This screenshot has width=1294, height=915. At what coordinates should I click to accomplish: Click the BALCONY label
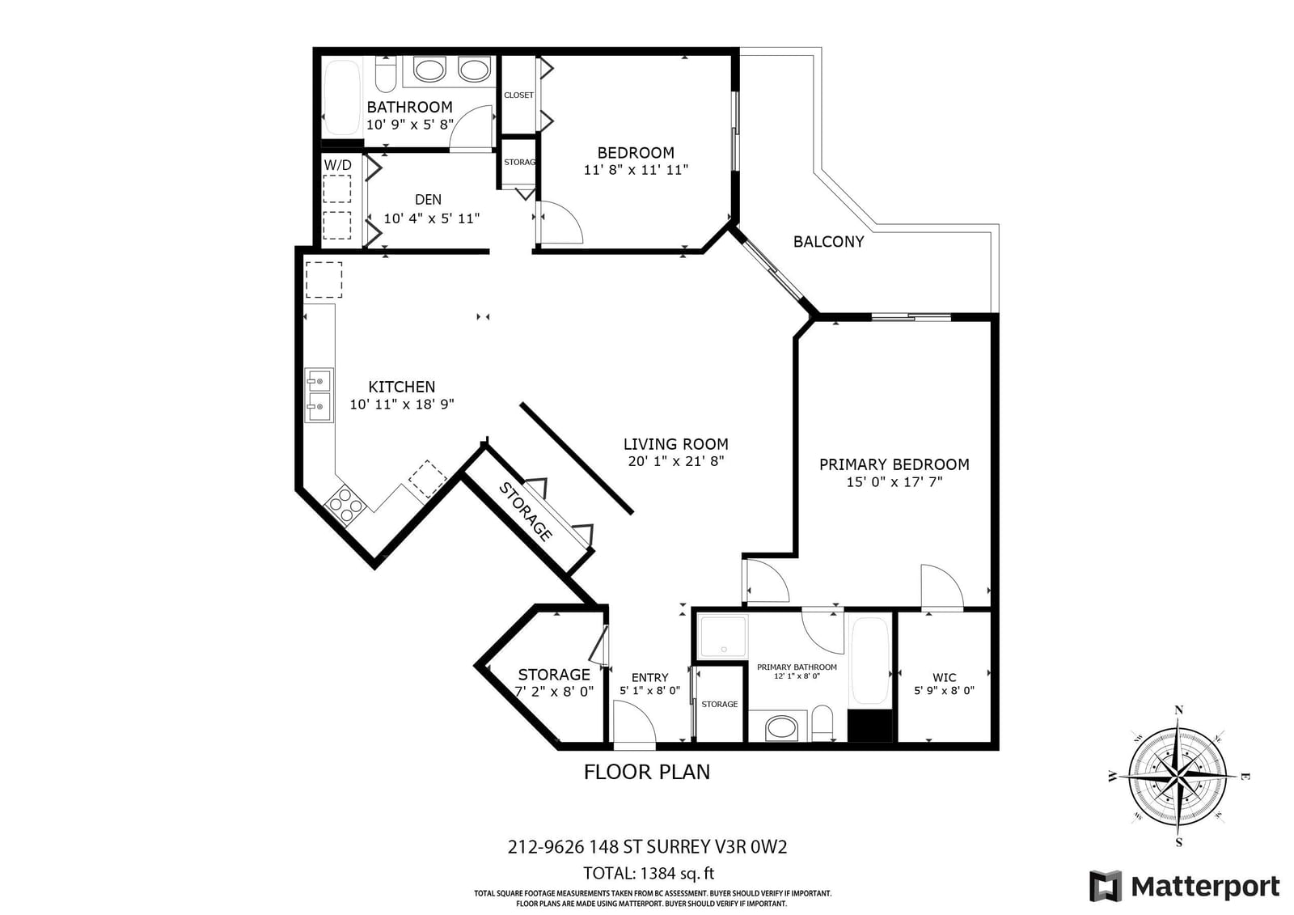pyautogui.click(x=828, y=242)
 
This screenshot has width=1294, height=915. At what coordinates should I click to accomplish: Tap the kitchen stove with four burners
pyautogui.click(x=345, y=506)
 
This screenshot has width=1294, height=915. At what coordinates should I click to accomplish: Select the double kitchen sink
pyautogui.click(x=319, y=396)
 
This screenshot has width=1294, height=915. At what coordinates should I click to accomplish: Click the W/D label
pyautogui.click(x=337, y=165)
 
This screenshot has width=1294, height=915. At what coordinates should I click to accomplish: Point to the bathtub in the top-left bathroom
pyautogui.click(x=342, y=98)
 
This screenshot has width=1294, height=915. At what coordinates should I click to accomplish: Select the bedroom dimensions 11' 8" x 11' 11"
pyautogui.click(x=636, y=170)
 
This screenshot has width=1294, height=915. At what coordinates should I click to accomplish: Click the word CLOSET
pyautogui.click(x=518, y=95)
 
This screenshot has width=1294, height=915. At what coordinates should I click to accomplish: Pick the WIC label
pyautogui.click(x=944, y=677)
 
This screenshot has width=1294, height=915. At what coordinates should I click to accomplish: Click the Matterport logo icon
pyautogui.click(x=1106, y=886)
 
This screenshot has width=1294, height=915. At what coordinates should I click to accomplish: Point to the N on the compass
pyautogui.click(x=1179, y=710)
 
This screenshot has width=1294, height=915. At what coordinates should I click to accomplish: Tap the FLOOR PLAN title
pyautogui.click(x=647, y=773)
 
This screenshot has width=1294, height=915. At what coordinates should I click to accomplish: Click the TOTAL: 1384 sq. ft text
pyautogui.click(x=648, y=873)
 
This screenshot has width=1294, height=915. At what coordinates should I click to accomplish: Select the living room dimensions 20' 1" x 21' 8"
pyautogui.click(x=676, y=461)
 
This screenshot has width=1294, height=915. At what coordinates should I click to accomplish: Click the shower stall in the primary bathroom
pyautogui.click(x=723, y=637)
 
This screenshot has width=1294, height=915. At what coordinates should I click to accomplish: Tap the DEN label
pyautogui.click(x=428, y=199)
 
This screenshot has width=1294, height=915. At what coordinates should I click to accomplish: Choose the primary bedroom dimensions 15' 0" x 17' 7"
pyautogui.click(x=894, y=481)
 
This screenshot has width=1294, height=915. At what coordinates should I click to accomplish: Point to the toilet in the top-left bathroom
pyautogui.click(x=385, y=74)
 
